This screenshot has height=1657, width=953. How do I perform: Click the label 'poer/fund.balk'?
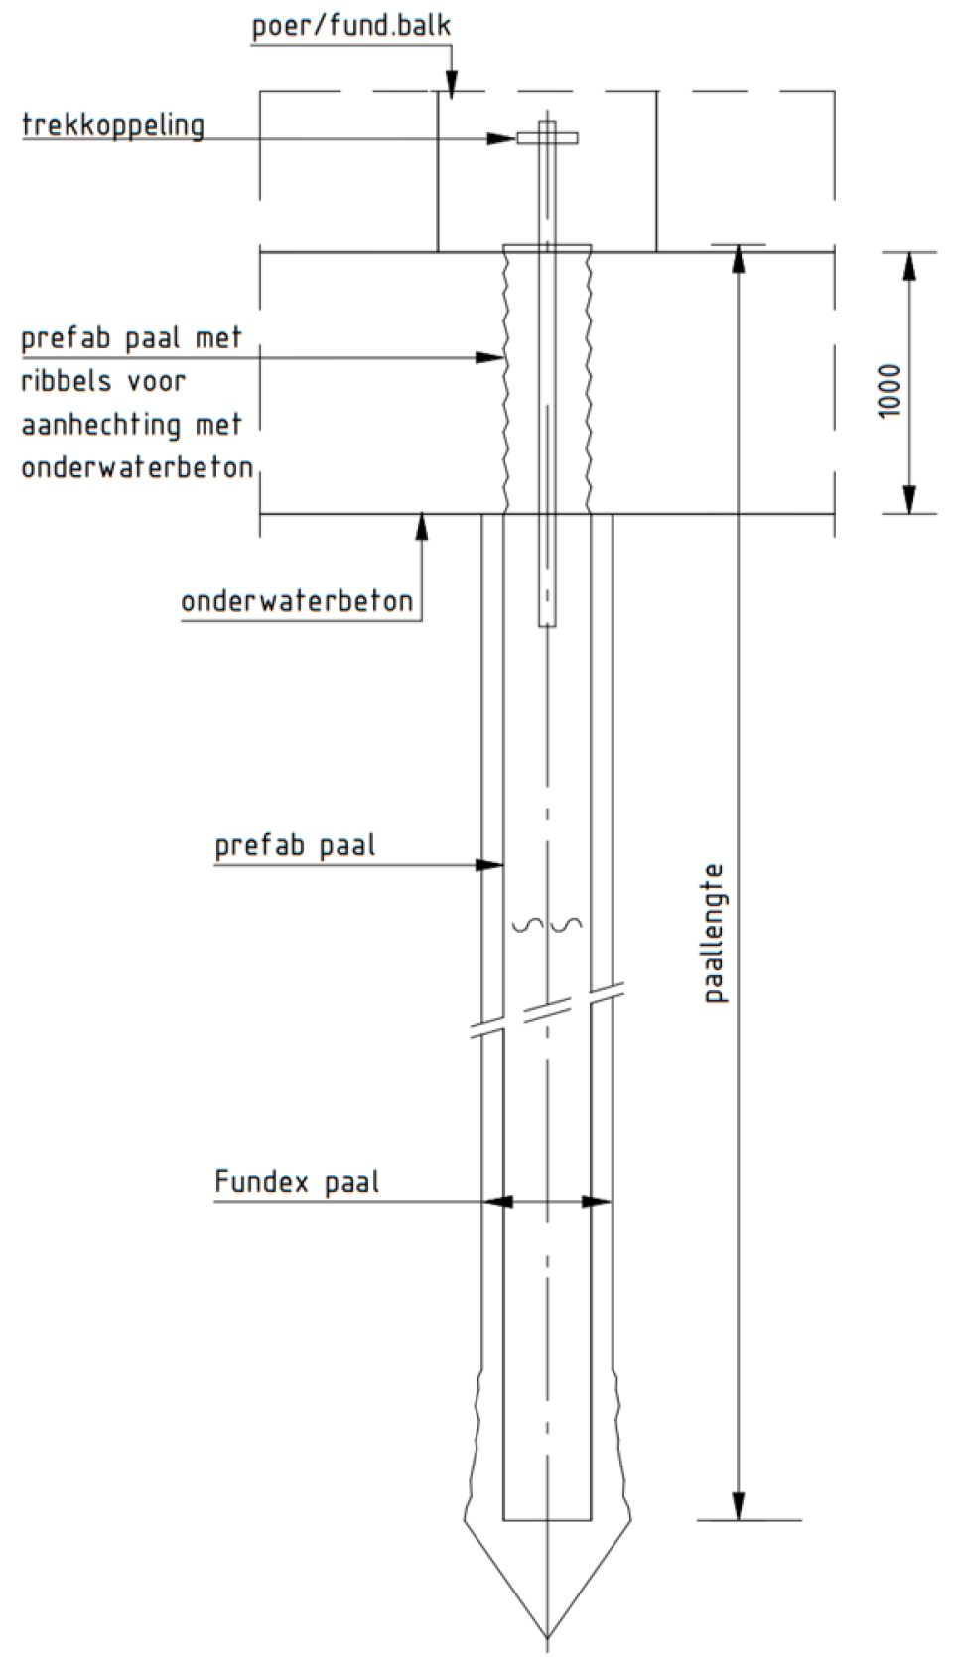pyautogui.click(x=351, y=25)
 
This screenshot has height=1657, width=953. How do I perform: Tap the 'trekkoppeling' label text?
pyautogui.click(x=113, y=126)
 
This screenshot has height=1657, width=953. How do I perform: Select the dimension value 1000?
pyautogui.click(x=890, y=390)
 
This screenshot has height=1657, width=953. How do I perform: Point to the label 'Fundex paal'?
pyautogui.click(x=297, y=1182)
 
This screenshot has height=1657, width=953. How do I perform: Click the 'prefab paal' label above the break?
pyautogui.click(x=295, y=846)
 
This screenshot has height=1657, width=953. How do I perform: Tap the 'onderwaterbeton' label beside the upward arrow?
pyautogui.click(x=297, y=601)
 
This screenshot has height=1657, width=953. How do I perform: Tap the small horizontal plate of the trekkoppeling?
pyautogui.click(x=547, y=137)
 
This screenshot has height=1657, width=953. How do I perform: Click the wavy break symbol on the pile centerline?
pyautogui.click(x=547, y=926)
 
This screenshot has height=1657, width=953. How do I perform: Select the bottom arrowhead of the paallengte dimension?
pyautogui.click(x=738, y=1505)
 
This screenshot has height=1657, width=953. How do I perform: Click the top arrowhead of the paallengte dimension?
pyautogui.click(x=738, y=260)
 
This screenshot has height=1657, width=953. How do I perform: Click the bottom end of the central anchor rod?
pyautogui.click(x=547, y=623)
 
